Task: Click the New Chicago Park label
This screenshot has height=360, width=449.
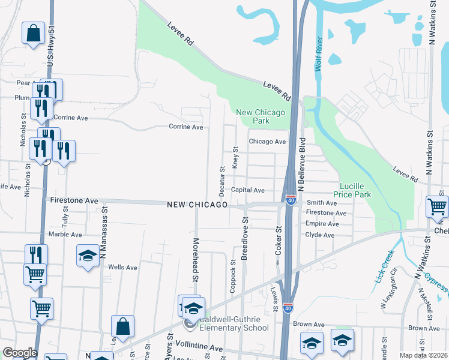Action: (x=261, y=116)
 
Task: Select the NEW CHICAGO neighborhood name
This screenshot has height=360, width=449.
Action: (x=197, y=205)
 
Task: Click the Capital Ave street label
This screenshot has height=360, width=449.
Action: (x=248, y=190)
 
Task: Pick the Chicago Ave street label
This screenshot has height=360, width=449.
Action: (x=267, y=142)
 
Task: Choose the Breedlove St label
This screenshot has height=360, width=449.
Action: (x=245, y=238)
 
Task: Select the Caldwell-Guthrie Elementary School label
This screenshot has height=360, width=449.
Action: (x=235, y=324)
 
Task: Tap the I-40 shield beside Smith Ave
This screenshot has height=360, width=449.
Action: (x=291, y=199)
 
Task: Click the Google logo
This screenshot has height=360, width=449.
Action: (x=20, y=353)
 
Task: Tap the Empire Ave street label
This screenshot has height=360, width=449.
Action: (x=320, y=224)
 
